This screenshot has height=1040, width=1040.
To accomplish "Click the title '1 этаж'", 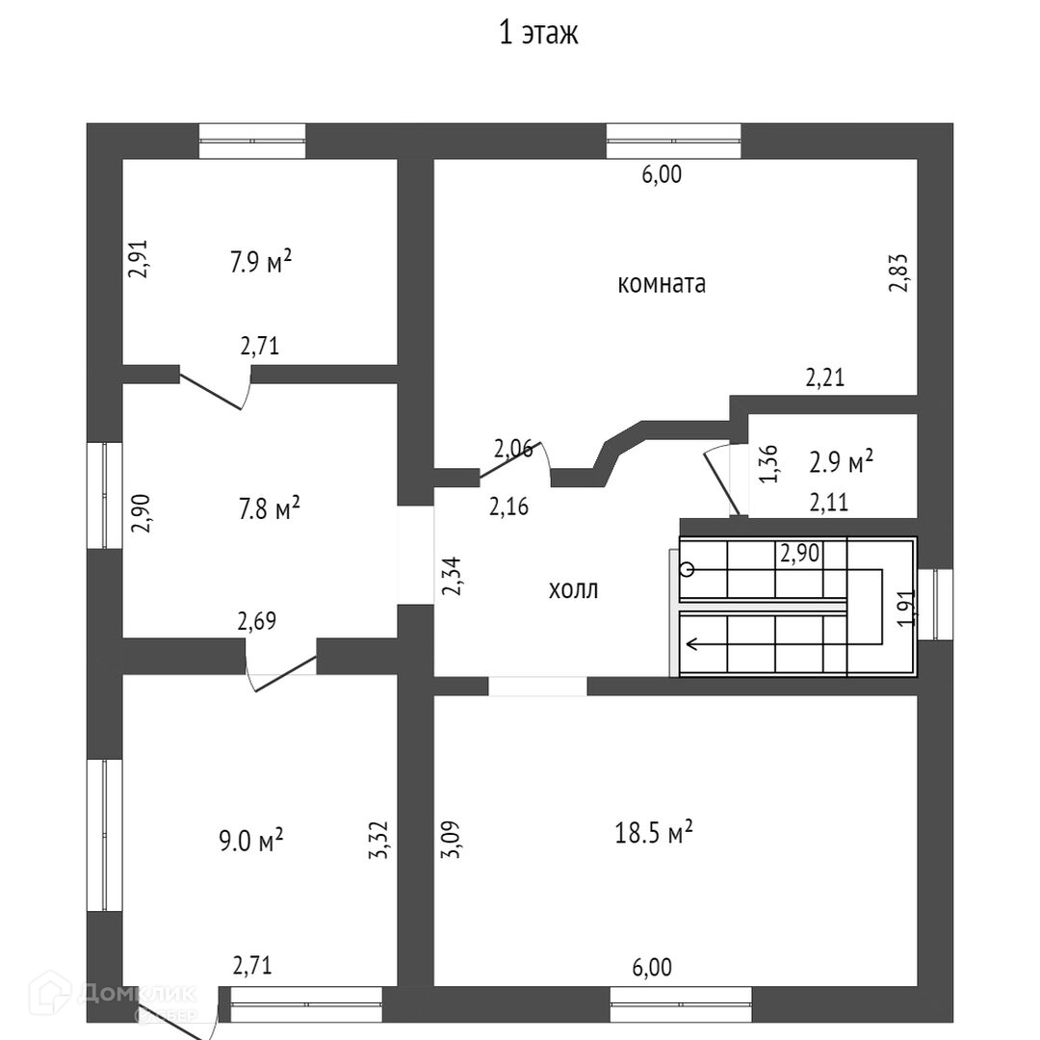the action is pos(538,34).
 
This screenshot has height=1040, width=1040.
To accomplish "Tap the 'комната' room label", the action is pos(662,284).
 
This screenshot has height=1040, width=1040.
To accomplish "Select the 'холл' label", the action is pos(573,590).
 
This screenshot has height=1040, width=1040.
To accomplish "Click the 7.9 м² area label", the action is pos(260,262).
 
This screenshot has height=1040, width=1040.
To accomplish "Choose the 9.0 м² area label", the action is pos(251,841).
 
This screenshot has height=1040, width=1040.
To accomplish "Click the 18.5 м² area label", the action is pos(654,832).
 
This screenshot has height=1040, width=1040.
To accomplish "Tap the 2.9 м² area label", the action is pos(841,462).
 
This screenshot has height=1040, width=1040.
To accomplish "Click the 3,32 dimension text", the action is pos(380,839).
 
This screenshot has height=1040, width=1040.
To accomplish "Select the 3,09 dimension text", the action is pos(450,839).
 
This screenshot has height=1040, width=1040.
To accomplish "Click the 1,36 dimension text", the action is pos(769,463).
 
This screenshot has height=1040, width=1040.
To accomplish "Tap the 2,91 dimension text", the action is pos(139,259).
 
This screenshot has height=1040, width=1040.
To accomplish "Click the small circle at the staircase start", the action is pos(687,569).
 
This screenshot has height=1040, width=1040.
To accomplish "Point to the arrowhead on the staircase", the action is pos(689,644).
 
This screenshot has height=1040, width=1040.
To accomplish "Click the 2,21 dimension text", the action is pos(824,378).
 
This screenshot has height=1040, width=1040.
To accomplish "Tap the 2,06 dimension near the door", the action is pos(512,448).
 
